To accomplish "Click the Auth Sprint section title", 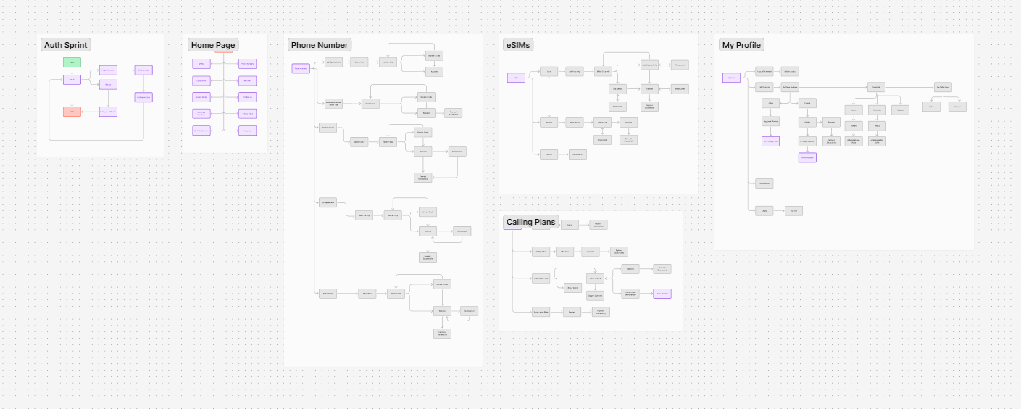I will click(65, 45).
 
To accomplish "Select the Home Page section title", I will click(213, 45).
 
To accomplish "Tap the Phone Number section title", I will click(320, 45).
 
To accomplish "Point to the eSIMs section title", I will click(517, 45).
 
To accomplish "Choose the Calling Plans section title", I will click(530, 221).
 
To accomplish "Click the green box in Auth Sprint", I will click(72, 62).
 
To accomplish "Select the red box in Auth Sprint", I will click(72, 112).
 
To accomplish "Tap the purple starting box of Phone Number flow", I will click(301, 68).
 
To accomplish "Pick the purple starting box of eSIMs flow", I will click(516, 78).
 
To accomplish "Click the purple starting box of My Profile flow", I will click(731, 78).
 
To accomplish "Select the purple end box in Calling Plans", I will click(662, 293).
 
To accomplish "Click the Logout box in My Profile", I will click(763, 210).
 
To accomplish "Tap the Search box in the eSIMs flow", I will click(549, 154).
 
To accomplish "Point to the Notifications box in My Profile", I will click(763, 183).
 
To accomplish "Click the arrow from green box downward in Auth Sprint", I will click(72, 71).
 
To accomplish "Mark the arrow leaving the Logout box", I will click(779, 210).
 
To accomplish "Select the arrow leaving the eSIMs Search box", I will click(563, 154).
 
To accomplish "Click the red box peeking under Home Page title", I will click(224, 52).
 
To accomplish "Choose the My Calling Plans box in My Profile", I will click(942, 86).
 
